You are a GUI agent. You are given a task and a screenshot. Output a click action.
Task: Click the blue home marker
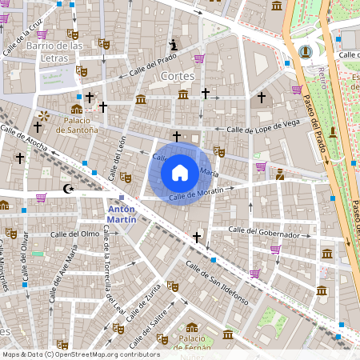point(180,173)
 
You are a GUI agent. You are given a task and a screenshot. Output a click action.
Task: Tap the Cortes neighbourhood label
point(178,76)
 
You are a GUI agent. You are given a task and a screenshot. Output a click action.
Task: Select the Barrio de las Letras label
point(54,51)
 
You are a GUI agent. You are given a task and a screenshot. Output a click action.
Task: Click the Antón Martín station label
point(122,213)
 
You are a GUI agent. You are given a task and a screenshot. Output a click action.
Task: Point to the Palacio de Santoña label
point(77,124)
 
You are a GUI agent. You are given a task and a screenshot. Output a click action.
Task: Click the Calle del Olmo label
point(74,234)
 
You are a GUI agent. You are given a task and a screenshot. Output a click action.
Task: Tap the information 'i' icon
point(174,44)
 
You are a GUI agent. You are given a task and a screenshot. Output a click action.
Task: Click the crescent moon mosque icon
point(67,189)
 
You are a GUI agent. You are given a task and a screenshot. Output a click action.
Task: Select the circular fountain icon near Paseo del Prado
point(305,52)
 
